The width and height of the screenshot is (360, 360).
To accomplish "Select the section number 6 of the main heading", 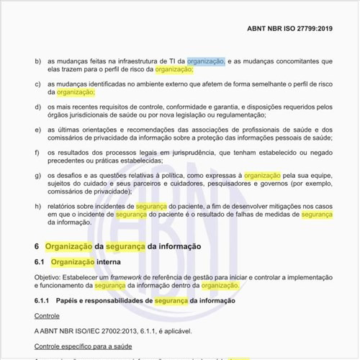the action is [x=37, y=246].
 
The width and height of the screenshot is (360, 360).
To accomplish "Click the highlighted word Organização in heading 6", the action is [x=68, y=246].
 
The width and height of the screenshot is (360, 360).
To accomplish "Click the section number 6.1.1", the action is [x=45, y=300].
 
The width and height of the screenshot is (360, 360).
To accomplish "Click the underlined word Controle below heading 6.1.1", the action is [x=48, y=315].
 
